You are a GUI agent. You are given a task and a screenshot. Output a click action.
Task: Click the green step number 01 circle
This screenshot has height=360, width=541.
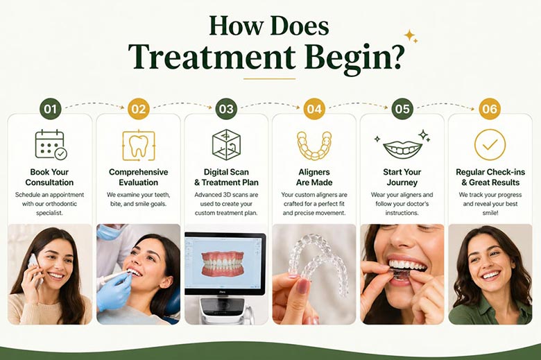[50, 109]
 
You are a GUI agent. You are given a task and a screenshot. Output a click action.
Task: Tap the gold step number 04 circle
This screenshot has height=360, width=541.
[314, 109]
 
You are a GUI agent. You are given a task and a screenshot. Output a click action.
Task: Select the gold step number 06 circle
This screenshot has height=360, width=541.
[490, 109]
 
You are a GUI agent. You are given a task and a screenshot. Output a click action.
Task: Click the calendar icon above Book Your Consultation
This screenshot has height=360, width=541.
[51, 144]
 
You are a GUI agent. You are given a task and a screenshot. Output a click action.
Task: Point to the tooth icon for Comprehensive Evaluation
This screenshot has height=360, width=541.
[138, 145]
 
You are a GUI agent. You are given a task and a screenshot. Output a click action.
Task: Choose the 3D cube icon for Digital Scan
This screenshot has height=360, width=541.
[226, 144]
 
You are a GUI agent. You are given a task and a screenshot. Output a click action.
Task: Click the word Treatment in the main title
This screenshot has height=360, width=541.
[212, 56]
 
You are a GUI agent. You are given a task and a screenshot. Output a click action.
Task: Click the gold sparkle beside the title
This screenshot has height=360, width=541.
[411, 36]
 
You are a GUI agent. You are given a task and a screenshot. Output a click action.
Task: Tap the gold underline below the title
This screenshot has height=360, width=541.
[270, 78]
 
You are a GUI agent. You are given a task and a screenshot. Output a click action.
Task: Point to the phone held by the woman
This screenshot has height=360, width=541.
[35, 268]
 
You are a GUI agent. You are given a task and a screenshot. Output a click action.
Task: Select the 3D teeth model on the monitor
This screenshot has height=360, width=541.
[223, 264]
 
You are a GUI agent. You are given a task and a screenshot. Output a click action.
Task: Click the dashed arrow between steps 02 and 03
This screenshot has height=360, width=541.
[183, 104]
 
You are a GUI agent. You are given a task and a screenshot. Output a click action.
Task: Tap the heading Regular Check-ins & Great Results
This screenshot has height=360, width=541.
[490, 177]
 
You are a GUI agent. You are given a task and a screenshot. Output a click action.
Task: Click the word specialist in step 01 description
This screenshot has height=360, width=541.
[50, 213]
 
